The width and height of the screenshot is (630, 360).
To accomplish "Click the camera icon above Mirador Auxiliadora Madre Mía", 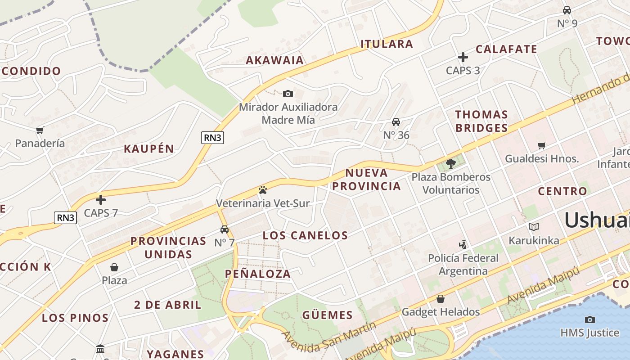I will click(288, 94).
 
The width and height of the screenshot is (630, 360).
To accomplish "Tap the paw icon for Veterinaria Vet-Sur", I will click(263, 190).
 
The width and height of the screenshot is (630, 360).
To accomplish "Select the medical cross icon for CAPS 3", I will click(463, 57).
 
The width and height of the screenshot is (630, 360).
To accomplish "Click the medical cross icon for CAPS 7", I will click(101, 199).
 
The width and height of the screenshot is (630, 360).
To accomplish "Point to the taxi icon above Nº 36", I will click(396, 121).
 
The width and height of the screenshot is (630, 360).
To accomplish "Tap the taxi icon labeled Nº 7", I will click(224, 229).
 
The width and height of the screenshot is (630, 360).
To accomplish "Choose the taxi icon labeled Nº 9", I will click(567, 10).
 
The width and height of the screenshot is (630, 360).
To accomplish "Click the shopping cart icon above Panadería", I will click(40, 130).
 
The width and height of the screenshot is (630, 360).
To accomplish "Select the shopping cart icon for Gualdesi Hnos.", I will click(542, 145).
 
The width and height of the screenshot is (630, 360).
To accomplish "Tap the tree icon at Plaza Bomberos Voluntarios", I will click(451, 163).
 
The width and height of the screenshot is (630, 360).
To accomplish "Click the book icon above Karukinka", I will click(534, 227).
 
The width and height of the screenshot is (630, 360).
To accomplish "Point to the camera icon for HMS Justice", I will click(589, 319).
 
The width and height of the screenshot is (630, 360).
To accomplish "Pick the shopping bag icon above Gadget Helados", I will click(441, 298).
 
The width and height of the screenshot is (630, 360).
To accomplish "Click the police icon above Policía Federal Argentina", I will click(463, 244).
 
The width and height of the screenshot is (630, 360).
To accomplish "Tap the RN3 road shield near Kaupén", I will click(212, 138).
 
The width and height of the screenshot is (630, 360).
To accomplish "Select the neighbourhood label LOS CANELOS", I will click(305, 235).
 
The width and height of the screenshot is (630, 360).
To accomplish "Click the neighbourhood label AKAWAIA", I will click(274, 60).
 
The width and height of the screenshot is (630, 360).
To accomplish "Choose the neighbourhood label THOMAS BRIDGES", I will click(481, 121).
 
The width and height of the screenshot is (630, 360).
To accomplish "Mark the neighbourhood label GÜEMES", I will click(327, 315).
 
